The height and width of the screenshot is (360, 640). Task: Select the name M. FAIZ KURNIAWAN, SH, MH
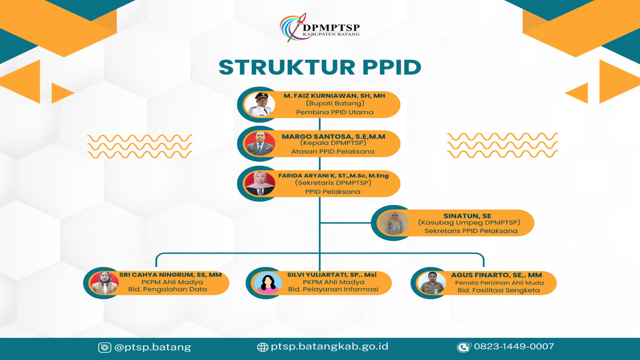point(334,95)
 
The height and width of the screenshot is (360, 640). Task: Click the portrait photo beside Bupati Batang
point(259,104)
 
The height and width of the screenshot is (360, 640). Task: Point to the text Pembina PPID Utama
point(334,112)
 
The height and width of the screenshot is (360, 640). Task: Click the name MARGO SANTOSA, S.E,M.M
point(333,135)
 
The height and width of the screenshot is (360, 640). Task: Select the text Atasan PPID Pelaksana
point(333,151)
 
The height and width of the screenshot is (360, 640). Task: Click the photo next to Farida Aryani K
point(259,183)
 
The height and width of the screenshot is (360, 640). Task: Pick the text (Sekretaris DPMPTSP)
point(333,183)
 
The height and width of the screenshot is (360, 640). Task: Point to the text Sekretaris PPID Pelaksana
point(471,231)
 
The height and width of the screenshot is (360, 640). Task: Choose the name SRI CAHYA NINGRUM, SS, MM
point(170,274)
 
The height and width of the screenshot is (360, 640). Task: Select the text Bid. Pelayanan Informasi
point(333,289)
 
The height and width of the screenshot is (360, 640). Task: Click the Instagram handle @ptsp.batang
point(152,347)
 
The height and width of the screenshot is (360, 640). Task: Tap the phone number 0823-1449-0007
point(513,346)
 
